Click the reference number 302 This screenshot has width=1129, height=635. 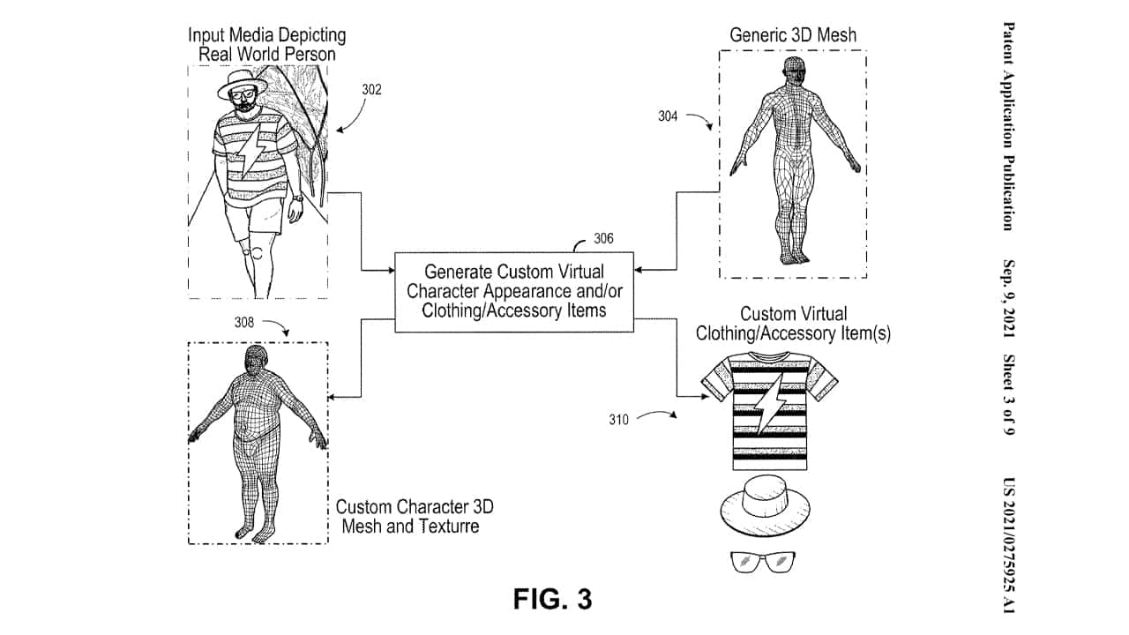[371, 89]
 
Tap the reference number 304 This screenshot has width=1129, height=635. [668, 116]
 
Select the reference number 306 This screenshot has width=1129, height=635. [603, 237]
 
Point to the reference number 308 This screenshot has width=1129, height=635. [243, 323]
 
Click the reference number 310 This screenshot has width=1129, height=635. [618, 420]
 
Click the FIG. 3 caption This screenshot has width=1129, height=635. [553, 599]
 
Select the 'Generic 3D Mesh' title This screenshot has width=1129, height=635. [793, 36]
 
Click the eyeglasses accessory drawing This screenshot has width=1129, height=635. [764, 562]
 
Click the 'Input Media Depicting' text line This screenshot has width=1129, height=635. [266, 36]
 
